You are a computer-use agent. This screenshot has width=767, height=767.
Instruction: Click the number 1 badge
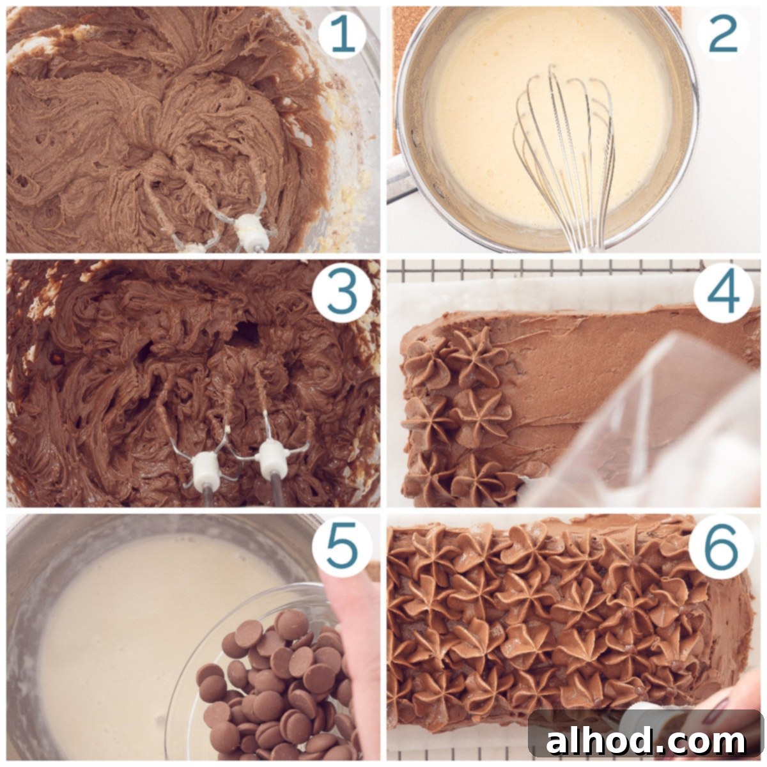point(343,36)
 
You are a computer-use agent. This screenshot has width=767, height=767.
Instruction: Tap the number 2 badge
point(723,35)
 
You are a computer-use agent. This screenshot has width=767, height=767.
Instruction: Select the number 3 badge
point(343,291)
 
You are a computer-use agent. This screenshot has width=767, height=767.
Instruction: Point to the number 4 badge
point(723,292)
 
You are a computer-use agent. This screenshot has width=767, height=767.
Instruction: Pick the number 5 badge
point(343,545)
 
